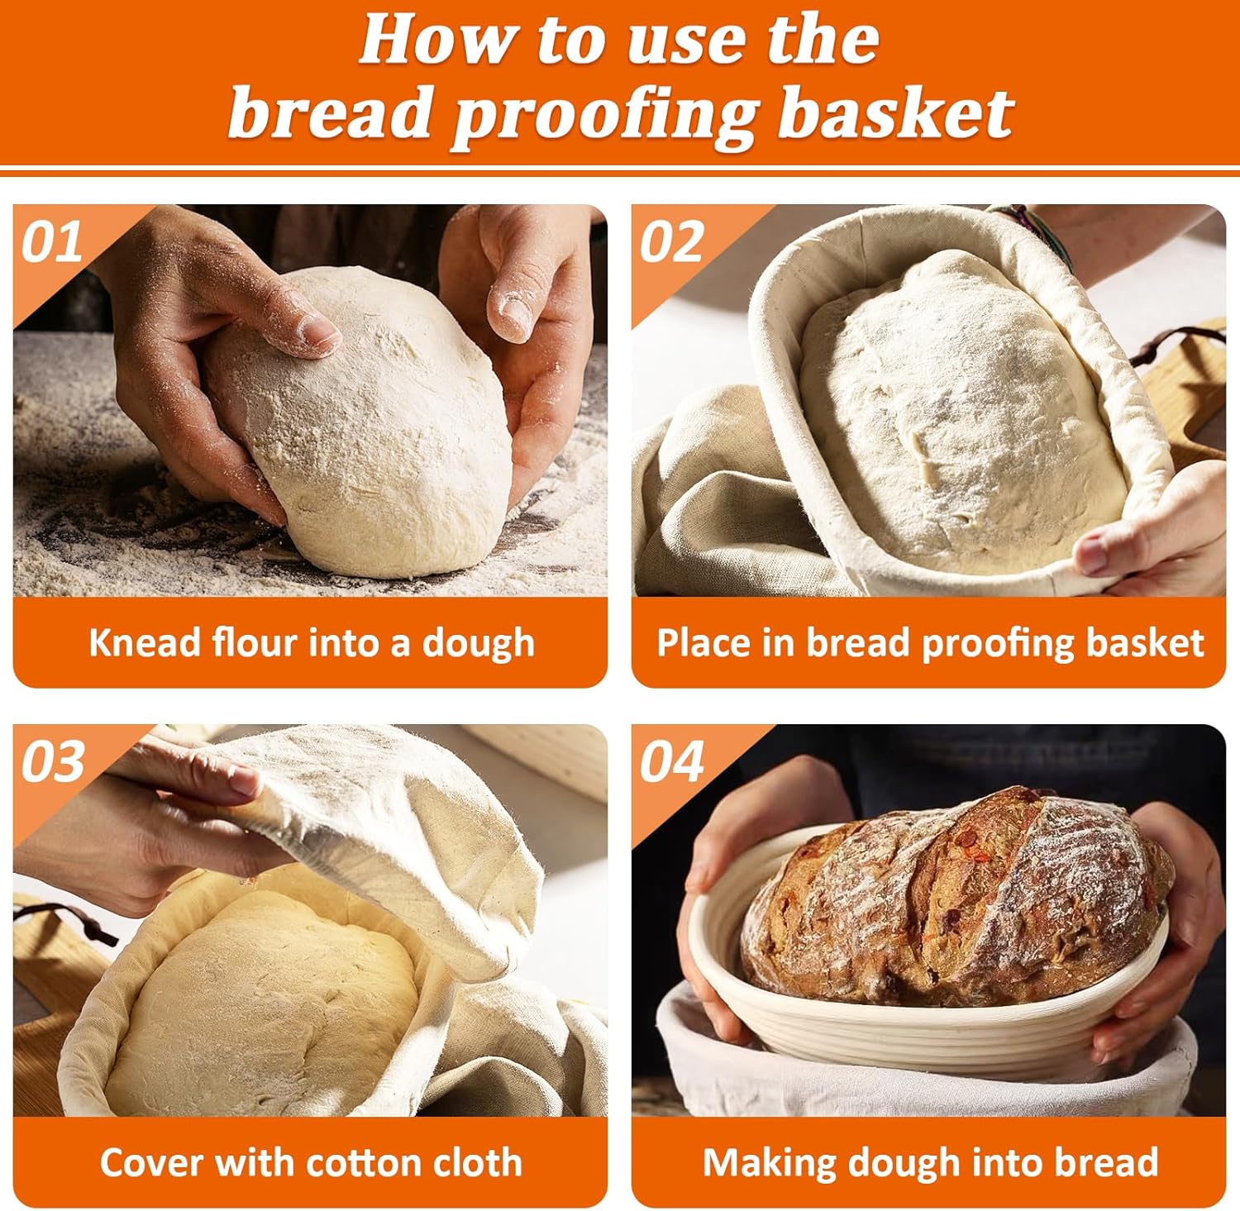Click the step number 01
point(51,242)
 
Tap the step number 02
point(671,242)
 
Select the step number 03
point(53,761)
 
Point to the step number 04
point(672,761)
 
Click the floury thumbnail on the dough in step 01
point(318,331)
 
